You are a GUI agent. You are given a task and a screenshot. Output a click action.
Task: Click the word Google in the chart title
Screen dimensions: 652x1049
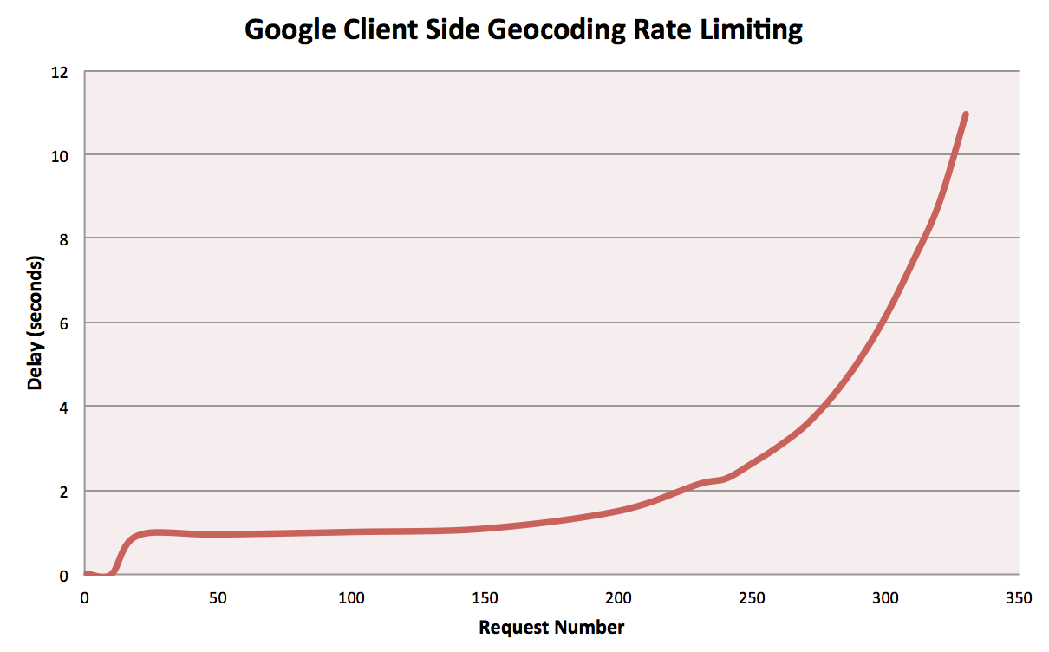pos(289,30)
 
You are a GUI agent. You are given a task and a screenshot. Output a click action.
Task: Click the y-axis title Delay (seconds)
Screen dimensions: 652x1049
pos(35,323)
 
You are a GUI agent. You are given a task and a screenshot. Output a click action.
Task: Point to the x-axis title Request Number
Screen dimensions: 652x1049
pos(551,627)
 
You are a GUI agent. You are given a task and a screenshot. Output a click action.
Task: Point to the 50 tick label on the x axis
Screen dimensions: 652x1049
pos(218,597)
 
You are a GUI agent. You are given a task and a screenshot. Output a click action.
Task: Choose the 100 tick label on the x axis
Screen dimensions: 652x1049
pos(351,597)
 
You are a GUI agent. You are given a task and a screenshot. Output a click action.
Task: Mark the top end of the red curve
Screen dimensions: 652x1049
pos(965,114)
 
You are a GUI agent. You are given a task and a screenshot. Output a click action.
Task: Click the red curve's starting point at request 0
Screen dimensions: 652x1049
pos(85,573)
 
